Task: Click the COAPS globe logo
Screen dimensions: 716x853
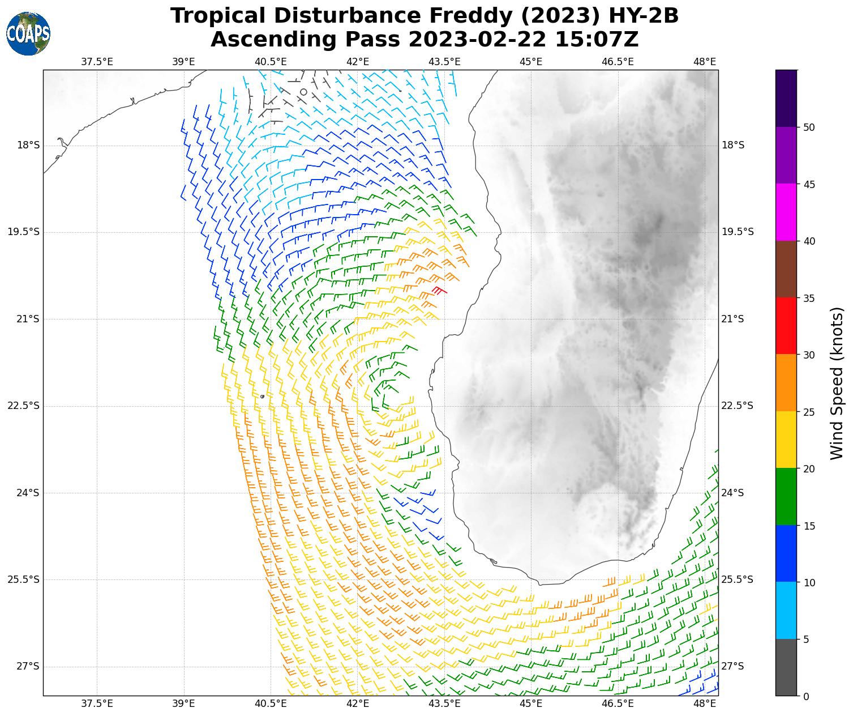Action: (x=28, y=34)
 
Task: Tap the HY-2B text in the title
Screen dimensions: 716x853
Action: (x=642, y=16)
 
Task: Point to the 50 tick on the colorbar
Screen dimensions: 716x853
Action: (x=809, y=127)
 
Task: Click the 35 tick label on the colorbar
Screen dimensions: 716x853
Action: (x=809, y=299)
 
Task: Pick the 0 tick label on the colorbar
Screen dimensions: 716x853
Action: (x=806, y=696)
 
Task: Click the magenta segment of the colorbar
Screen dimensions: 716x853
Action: (x=786, y=212)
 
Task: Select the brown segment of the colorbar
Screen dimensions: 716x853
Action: (x=786, y=270)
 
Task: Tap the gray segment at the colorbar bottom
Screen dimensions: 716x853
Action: (x=786, y=667)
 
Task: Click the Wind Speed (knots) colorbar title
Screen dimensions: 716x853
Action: (x=836, y=383)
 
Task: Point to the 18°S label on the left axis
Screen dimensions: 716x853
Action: (x=28, y=146)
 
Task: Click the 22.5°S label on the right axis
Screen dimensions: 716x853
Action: (x=737, y=406)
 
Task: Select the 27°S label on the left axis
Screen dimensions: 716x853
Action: (x=28, y=666)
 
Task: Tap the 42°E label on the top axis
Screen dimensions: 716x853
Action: (x=358, y=62)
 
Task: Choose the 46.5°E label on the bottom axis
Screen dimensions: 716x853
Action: (x=618, y=704)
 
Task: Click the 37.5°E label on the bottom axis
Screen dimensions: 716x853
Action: (x=97, y=704)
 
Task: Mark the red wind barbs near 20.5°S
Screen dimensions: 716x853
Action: (x=439, y=291)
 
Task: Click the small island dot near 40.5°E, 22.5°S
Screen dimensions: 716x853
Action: (x=262, y=397)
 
